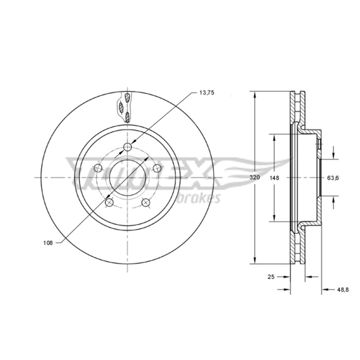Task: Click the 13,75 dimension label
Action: pyautogui.click(x=207, y=93)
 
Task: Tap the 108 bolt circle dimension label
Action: pyautogui.click(x=48, y=243)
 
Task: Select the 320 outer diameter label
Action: pyautogui.click(x=255, y=177)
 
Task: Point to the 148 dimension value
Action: pyautogui.click(x=274, y=178)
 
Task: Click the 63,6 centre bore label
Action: pyautogui.click(x=333, y=178)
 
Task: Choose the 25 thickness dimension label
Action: pyautogui.click(x=271, y=277)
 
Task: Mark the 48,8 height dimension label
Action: pyautogui.click(x=343, y=290)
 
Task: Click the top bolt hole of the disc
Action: pyautogui.click(x=127, y=147)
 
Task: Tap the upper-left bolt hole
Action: pyautogui.click(x=98, y=168)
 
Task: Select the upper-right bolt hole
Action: pyautogui.click(x=157, y=168)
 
